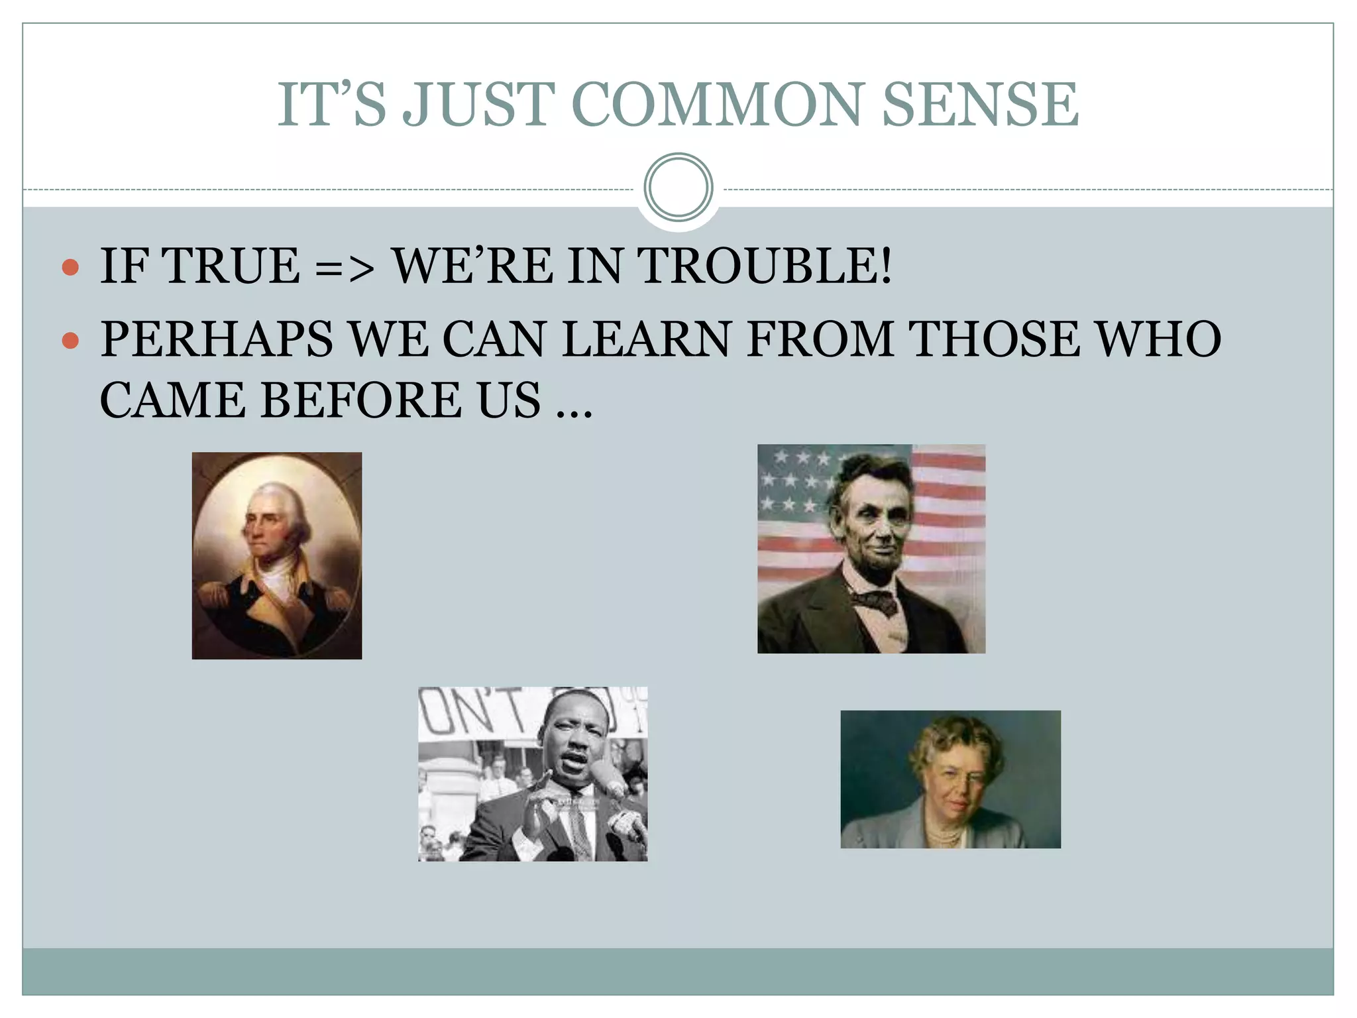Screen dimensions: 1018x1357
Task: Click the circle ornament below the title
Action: (x=678, y=188)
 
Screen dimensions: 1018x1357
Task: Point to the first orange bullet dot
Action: (x=70, y=268)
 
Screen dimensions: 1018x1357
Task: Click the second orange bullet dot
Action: (x=70, y=341)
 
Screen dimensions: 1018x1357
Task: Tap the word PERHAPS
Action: (x=216, y=339)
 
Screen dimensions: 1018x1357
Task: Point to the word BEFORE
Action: (x=362, y=400)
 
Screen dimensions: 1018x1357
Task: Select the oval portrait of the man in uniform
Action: (x=277, y=555)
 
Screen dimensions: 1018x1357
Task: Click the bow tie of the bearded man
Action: (x=875, y=600)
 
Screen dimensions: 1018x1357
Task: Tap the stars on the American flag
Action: (x=795, y=481)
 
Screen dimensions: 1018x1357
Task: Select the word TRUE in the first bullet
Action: (x=231, y=266)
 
